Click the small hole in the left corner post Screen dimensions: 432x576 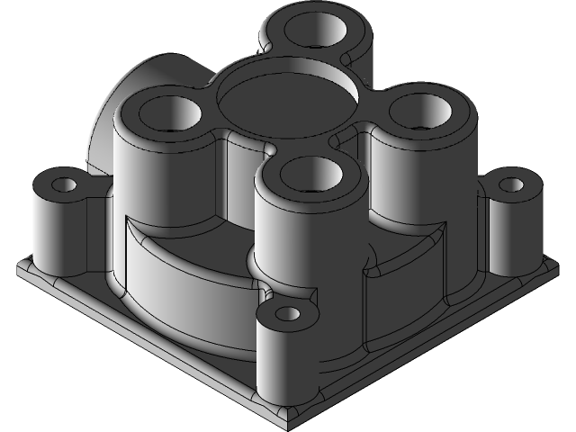(65, 185)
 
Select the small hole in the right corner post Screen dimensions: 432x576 (510, 185)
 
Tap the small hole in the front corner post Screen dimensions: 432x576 (287, 315)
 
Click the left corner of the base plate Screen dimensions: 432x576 (20, 265)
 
